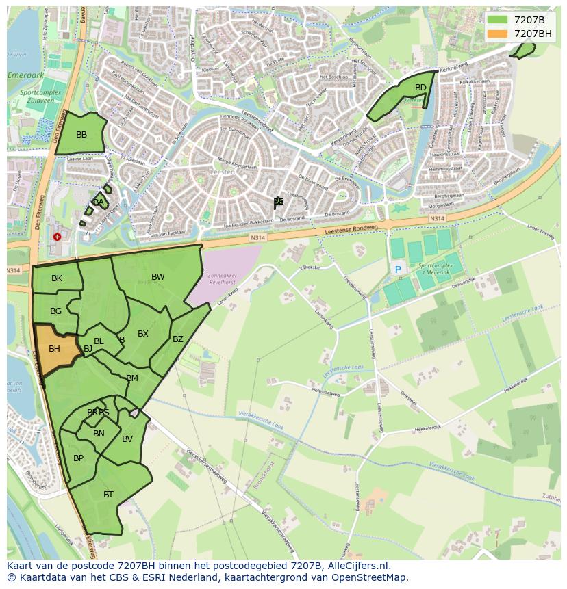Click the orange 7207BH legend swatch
click(x=498, y=34)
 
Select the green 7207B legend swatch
click(x=498, y=20)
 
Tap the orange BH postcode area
click(x=54, y=349)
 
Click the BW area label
click(x=158, y=277)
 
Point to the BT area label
click(x=108, y=495)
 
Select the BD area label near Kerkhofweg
click(x=420, y=88)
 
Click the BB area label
click(x=81, y=135)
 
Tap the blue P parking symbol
click(x=398, y=270)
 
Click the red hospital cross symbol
click(x=57, y=237)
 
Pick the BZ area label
click(x=178, y=339)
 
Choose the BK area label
click(x=57, y=278)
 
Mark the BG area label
click(x=56, y=311)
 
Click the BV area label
click(x=127, y=439)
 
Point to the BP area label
click(x=78, y=458)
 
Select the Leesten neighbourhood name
click(x=225, y=172)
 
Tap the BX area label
click(x=143, y=335)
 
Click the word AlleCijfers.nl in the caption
click(x=359, y=566)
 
